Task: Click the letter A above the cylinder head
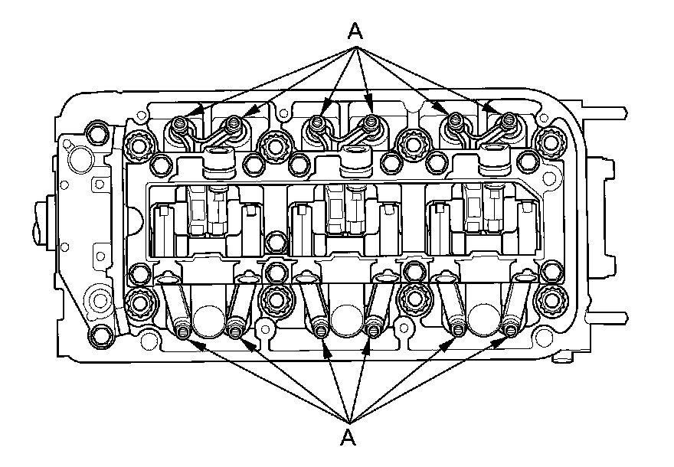pyautogui.click(x=355, y=31)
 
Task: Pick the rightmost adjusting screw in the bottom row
pyautogui.click(x=510, y=330)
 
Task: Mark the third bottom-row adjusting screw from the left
pyautogui.click(x=320, y=330)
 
